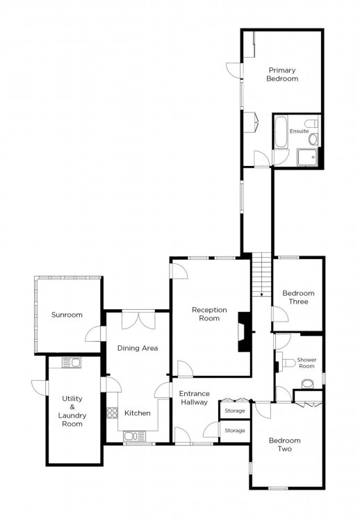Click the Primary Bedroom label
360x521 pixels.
[282, 74]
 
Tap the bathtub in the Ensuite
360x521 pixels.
[281, 131]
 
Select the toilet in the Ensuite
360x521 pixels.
[311, 123]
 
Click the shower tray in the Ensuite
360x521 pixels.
[307, 157]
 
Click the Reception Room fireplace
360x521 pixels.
[244, 332]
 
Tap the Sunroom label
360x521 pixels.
[67, 315]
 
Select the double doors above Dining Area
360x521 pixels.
[138, 320]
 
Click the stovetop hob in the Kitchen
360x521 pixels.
[112, 413]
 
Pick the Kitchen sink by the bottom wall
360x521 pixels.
[134, 436]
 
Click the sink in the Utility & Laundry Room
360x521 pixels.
[72, 363]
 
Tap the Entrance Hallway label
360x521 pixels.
[195, 398]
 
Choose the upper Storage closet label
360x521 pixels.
[235, 411]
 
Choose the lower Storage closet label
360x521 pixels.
[235, 430]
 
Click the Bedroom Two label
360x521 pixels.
[285, 445]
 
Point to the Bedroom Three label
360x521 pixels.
[299, 297]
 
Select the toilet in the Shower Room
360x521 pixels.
[288, 363]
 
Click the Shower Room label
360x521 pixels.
[306, 363]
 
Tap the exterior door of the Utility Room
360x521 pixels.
[40, 388]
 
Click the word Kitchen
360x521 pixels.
[138, 413]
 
